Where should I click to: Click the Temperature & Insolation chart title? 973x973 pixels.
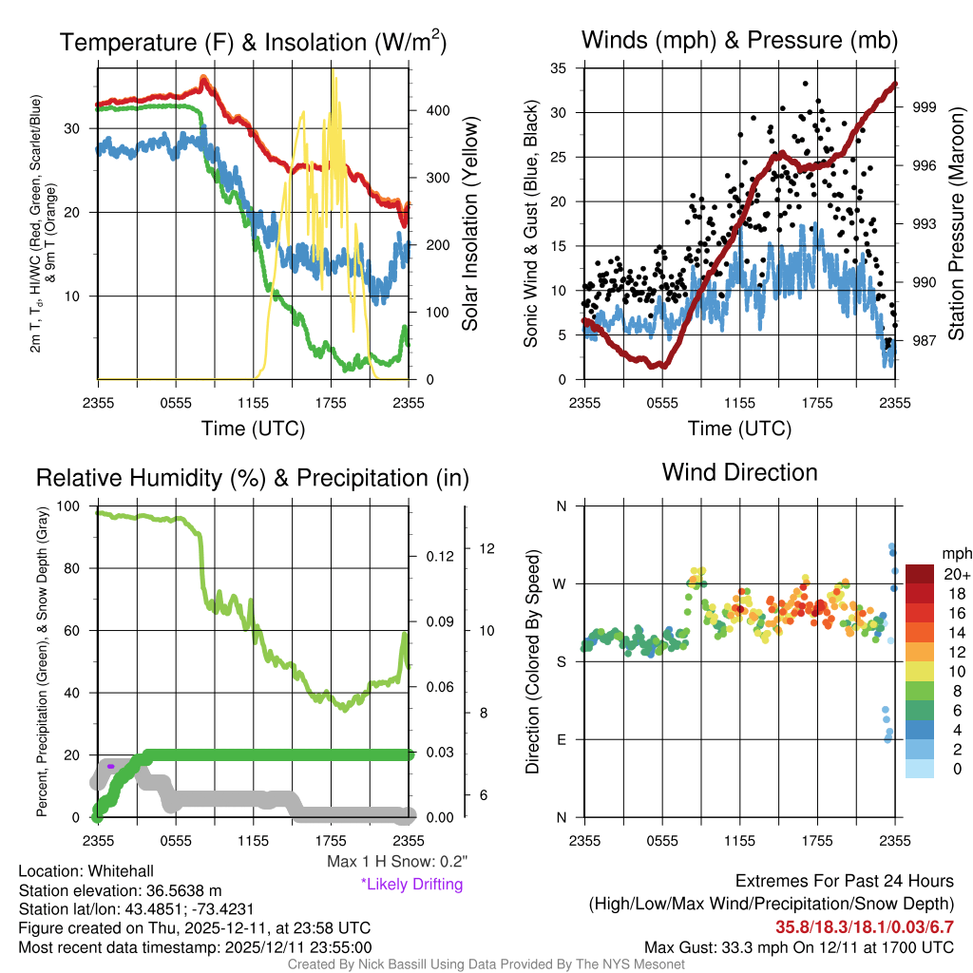[x=254, y=42]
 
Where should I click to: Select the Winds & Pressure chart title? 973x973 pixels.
[x=739, y=40]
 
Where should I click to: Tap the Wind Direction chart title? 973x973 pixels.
[x=739, y=472]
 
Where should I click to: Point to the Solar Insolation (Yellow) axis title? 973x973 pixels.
[x=469, y=224]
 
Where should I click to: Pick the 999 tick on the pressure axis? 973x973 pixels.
[x=922, y=107]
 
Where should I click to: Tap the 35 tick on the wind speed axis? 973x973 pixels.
[x=559, y=67]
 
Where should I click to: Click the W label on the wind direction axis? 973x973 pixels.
[x=562, y=583]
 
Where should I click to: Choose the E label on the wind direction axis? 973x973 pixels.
[x=562, y=739]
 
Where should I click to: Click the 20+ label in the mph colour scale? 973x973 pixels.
[x=956, y=574]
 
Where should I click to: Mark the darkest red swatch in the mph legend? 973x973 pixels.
[x=921, y=574]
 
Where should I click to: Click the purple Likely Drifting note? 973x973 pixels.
[x=411, y=884]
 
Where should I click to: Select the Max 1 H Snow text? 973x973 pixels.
[x=397, y=862]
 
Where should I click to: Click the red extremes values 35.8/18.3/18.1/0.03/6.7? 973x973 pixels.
[x=864, y=926]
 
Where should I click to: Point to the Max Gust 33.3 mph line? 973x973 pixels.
[x=798, y=947]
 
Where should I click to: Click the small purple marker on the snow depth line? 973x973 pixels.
[x=110, y=766]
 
